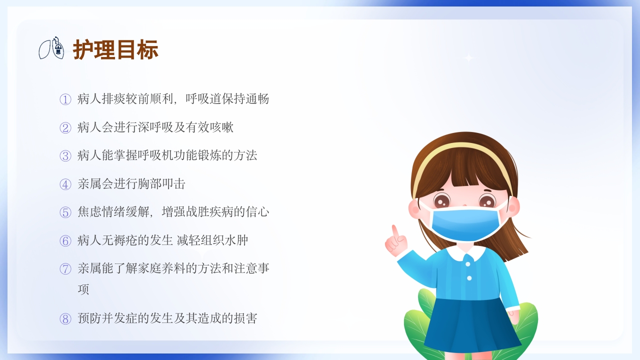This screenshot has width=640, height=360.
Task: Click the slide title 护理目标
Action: click(x=115, y=50)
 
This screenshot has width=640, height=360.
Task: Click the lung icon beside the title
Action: click(x=52, y=48)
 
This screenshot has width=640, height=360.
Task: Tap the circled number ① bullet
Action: click(x=65, y=99)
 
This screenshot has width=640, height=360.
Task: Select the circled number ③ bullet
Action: click(x=65, y=156)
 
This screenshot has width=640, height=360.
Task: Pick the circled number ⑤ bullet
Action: click(x=65, y=212)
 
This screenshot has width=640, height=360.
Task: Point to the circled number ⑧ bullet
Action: click(x=65, y=319)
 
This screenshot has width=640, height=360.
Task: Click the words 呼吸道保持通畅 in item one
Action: click(x=227, y=99)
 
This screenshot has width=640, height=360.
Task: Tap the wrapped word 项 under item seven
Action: click(x=83, y=289)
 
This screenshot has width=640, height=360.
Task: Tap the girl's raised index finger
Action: click(x=395, y=231)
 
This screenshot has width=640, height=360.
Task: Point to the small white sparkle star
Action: click(x=468, y=58)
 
